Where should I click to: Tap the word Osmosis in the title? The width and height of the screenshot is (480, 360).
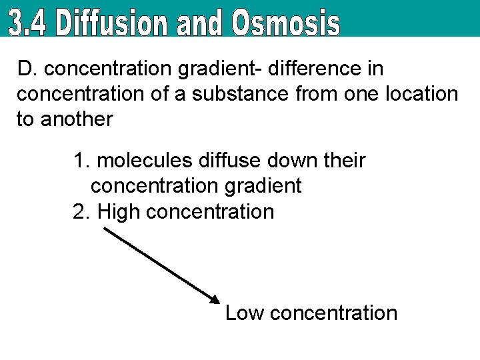coord(286,23)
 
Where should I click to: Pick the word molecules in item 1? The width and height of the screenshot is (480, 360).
coord(147,161)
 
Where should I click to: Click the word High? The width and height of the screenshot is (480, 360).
coord(118,212)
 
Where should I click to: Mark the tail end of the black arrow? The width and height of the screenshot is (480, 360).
coord(103,228)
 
